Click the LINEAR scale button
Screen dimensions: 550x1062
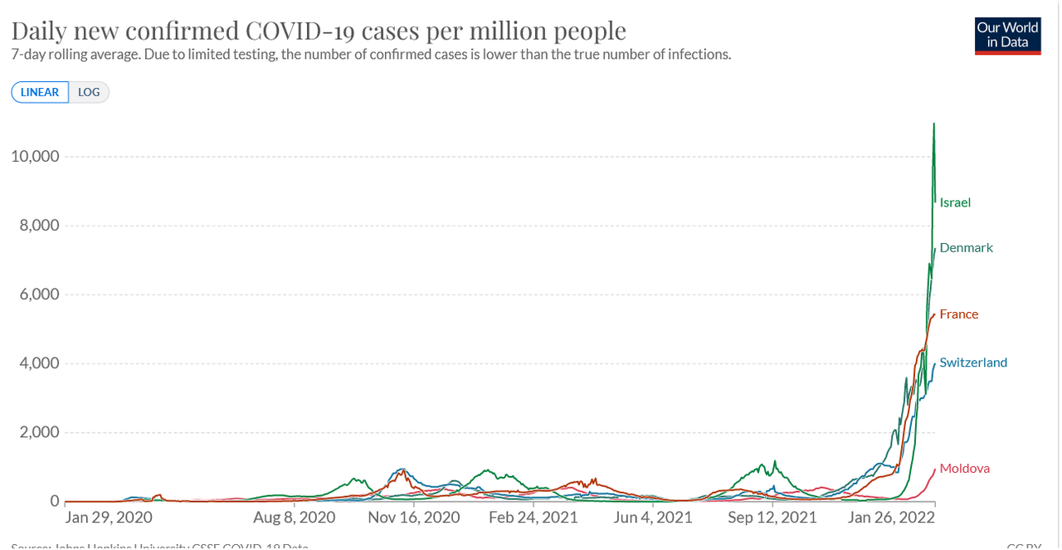(x=40, y=92)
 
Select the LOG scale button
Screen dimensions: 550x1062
(x=89, y=92)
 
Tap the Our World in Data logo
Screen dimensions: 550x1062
(x=1007, y=36)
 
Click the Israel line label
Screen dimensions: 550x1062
(x=955, y=202)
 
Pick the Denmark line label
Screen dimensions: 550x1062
(x=966, y=247)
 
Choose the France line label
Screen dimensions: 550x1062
(x=958, y=314)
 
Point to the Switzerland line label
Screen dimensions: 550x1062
(x=973, y=362)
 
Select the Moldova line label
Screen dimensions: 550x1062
(x=964, y=468)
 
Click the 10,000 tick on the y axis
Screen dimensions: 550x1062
(x=34, y=157)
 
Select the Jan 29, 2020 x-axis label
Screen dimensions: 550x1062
(x=109, y=518)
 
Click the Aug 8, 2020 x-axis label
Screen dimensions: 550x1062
(x=295, y=518)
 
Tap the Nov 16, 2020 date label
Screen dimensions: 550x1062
(x=413, y=518)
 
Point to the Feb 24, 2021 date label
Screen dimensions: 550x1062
(x=533, y=518)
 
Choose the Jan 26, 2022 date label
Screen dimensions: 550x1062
(x=889, y=518)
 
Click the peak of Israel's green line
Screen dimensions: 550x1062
(x=933, y=124)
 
